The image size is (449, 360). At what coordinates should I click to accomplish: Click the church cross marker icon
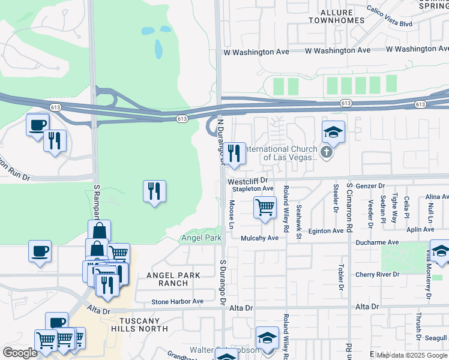tap(326, 152)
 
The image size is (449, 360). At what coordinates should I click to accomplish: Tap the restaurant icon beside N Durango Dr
tap(234, 154)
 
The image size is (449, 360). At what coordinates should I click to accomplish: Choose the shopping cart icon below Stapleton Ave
tap(265, 208)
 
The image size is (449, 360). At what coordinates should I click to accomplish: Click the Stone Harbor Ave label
tap(178, 302)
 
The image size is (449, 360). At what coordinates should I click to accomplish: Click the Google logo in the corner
tap(20, 352)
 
